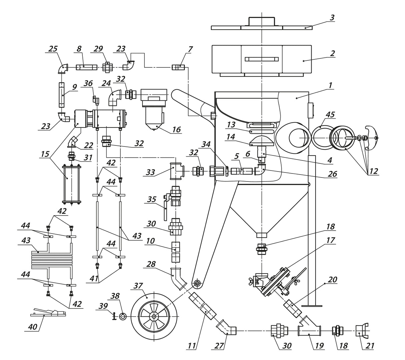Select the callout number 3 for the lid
[332, 18]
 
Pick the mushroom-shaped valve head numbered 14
[262, 141]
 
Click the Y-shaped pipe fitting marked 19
[309, 331]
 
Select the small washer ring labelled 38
[123, 316]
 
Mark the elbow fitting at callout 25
[62, 68]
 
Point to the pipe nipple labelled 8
[86, 67]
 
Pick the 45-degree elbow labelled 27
[227, 328]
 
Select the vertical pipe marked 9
[62, 95]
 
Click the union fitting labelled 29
[107, 67]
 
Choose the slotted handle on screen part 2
[262, 59]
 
